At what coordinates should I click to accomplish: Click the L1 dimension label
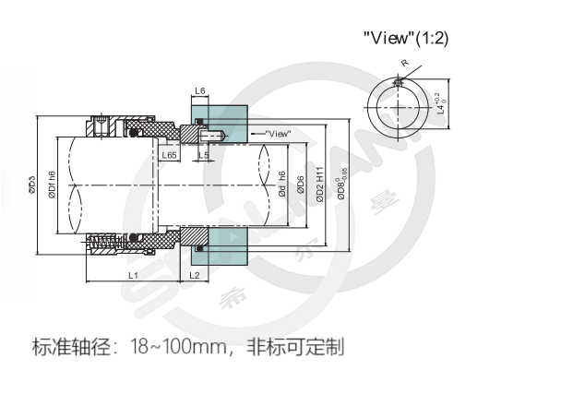[133, 275]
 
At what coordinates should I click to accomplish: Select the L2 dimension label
[194, 275]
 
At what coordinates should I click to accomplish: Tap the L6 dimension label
[200, 92]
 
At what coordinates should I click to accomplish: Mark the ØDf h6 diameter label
[52, 184]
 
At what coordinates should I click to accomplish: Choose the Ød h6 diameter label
[282, 185]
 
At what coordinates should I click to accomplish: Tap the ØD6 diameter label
[300, 185]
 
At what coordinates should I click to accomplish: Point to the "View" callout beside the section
[277, 134]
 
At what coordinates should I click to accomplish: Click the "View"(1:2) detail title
[406, 39]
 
